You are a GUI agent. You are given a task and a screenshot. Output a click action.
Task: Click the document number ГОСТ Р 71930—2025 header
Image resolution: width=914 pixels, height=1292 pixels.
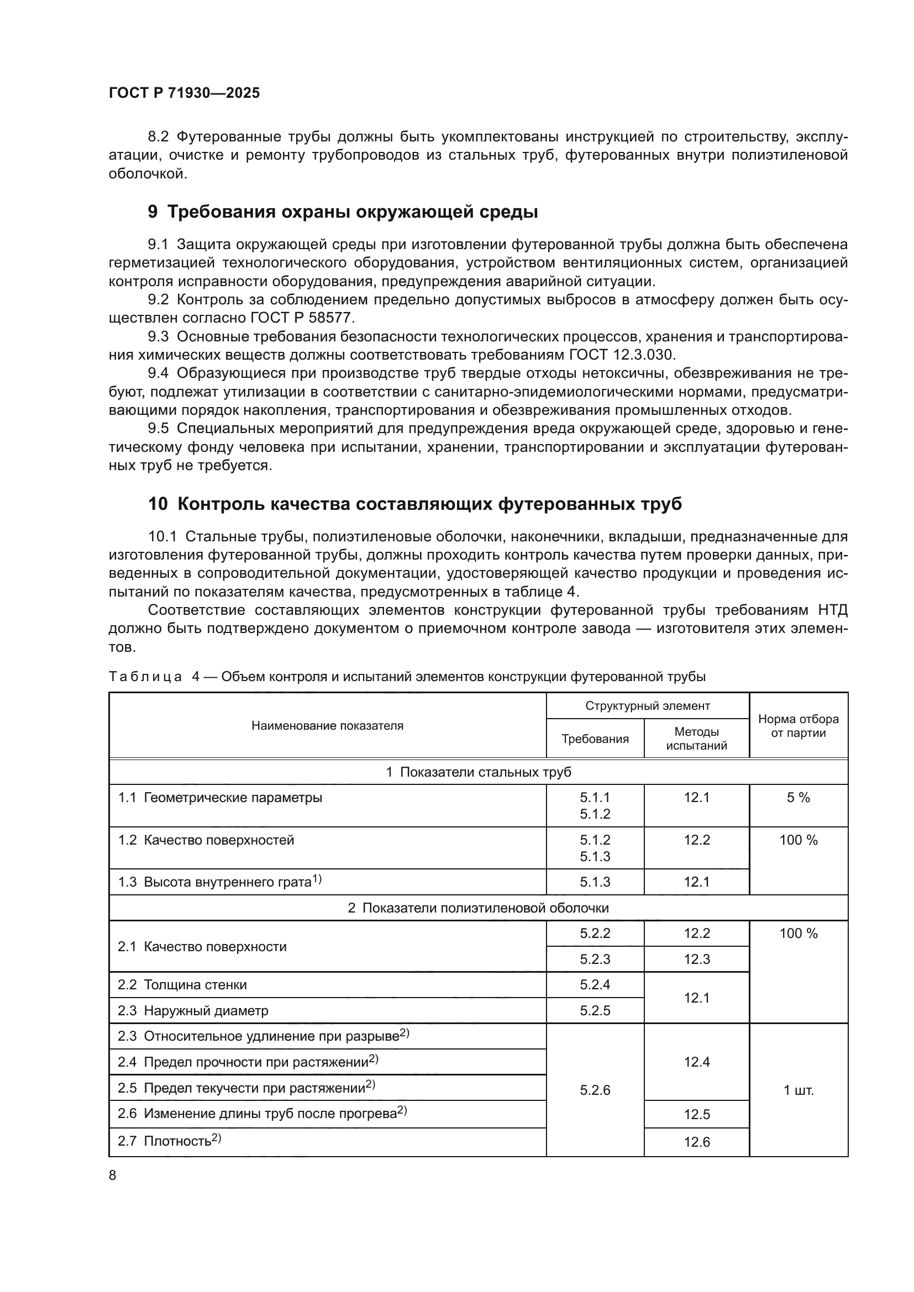(x=184, y=93)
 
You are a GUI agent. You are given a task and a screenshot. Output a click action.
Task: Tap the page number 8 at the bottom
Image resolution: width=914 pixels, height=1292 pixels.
(x=113, y=1175)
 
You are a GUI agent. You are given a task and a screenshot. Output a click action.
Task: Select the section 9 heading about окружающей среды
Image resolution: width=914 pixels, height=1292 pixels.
(x=343, y=212)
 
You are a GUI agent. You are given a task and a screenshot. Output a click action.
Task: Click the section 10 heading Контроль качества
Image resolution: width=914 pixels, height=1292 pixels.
(x=415, y=504)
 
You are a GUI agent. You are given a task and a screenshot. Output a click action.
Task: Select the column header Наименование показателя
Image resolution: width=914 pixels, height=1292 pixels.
(x=327, y=725)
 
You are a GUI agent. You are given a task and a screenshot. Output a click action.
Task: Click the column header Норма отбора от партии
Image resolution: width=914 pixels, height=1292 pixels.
(x=798, y=725)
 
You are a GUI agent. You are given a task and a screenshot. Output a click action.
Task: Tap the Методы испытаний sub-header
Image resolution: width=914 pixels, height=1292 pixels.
(x=696, y=739)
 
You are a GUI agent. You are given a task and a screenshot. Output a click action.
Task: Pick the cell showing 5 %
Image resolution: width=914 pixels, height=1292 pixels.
(x=798, y=798)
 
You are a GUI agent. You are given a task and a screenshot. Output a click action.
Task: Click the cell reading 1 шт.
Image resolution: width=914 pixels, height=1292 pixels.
(x=798, y=1090)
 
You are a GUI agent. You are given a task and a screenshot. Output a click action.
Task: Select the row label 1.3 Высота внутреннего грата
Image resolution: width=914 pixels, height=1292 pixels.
(x=219, y=882)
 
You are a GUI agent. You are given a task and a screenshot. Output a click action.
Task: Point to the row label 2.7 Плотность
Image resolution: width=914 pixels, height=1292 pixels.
(x=170, y=1141)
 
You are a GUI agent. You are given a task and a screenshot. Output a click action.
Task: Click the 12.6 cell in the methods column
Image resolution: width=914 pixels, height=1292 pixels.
(x=696, y=1142)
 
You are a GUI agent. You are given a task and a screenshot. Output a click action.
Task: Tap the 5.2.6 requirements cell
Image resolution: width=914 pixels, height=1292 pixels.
(x=595, y=1090)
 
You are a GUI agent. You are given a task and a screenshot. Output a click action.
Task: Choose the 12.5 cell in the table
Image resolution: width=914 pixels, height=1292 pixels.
(x=696, y=1114)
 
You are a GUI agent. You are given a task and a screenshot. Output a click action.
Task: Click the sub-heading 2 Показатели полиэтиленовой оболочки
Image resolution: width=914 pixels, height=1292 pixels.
(x=478, y=908)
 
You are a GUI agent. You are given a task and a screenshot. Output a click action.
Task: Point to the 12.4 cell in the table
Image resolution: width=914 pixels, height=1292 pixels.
(x=696, y=1062)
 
